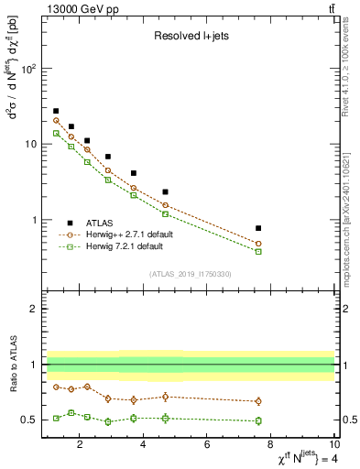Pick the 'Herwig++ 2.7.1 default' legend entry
click(x=128, y=234)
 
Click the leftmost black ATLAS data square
click(x=56, y=111)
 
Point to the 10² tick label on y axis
click(x=28, y=69)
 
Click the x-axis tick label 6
click(x=208, y=446)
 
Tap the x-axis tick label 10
click(x=334, y=446)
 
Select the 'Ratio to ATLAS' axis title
click(x=12, y=365)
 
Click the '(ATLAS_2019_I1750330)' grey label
click(x=189, y=274)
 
